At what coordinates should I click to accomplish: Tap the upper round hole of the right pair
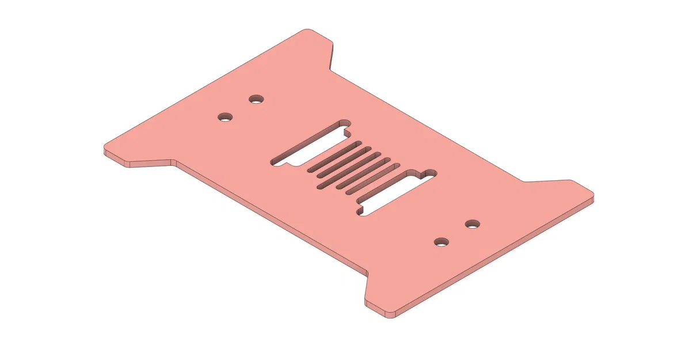click(x=472, y=223)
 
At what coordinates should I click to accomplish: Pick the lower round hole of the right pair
click(x=442, y=241)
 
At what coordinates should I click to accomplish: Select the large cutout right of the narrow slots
click(x=397, y=193)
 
